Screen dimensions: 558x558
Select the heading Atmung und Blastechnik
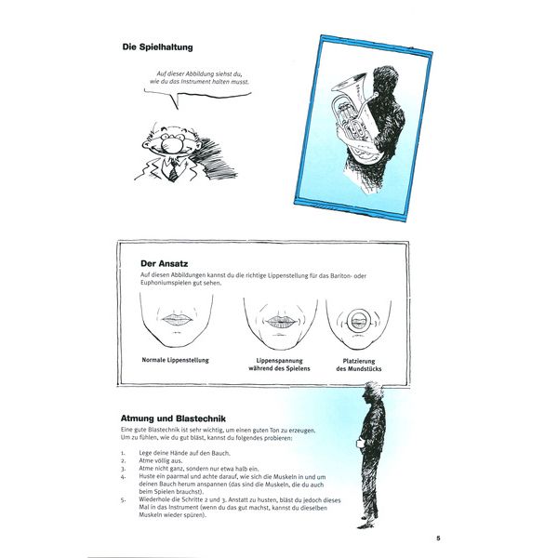178,418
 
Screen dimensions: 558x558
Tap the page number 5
437,538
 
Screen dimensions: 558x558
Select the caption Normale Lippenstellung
176,359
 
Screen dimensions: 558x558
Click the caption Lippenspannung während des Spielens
273,364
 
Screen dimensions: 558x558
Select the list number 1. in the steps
125,452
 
